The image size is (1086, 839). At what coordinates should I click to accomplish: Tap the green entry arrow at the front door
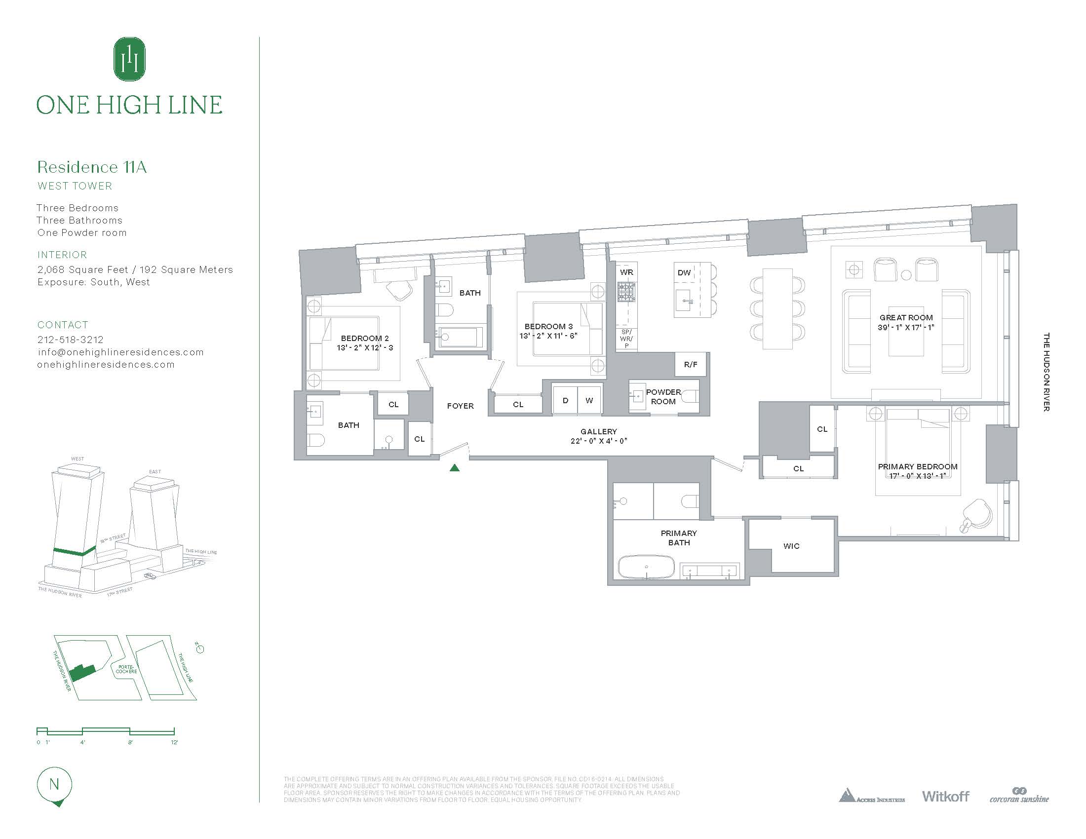(x=454, y=468)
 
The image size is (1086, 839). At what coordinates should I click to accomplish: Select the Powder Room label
(x=663, y=397)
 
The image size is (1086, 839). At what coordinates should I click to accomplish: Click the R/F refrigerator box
(x=690, y=364)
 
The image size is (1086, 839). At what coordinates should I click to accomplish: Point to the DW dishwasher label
(x=684, y=272)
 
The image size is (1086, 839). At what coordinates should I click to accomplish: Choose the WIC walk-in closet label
(x=791, y=546)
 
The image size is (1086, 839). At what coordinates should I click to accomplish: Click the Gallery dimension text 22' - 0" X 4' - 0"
(x=599, y=441)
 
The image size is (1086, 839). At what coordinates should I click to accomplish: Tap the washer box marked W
(x=589, y=400)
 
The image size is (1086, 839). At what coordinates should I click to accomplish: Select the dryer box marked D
(x=565, y=400)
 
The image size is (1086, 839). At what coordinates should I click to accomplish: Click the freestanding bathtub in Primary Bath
(x=646, y=567)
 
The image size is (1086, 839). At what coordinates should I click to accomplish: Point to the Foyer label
(x=460, y=406)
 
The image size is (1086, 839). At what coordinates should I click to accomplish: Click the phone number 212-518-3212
(x=71, y=340)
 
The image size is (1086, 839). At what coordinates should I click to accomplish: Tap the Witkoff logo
(x=945, y=796)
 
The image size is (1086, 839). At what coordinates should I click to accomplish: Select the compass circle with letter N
(x=54, y=784)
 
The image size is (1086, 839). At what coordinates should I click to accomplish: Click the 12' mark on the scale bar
(x=174, y=742)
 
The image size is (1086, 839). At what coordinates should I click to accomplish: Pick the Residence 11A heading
(x=92, y=167)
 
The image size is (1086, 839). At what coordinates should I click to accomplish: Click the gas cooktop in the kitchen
(x=626, y=292)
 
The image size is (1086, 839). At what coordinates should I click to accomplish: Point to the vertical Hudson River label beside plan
(x=1046, y=372)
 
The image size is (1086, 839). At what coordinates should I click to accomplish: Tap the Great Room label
(x=906, y=317)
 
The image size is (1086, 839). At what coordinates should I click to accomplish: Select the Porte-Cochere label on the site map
(x=126, y=669)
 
